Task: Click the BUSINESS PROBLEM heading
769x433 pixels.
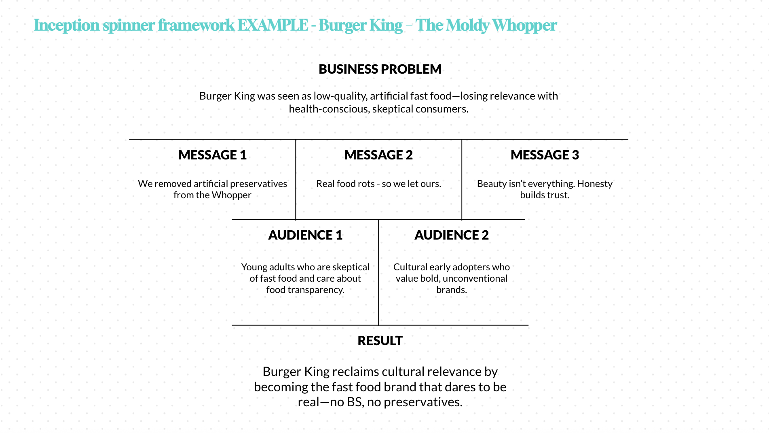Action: tap(380, 69)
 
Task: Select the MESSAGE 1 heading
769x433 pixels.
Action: tap(212, 155)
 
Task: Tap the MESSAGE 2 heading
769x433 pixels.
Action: tap(378, 155)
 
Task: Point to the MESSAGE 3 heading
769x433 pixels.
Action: tap(545, 155)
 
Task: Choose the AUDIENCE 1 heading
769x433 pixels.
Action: tap(305, 235)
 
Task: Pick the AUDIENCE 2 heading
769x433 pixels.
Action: tap(451, 235)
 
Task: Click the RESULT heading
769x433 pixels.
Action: tap(380, 341)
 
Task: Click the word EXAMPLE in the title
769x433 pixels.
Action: tap(273, 25)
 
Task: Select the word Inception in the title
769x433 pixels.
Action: tap(67, 25)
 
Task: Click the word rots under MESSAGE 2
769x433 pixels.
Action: tap(366, 184)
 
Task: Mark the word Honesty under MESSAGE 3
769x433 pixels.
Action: tap(595, 184)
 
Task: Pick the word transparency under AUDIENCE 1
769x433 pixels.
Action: tap(315, 290)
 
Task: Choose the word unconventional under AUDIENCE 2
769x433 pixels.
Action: tap(475, 278)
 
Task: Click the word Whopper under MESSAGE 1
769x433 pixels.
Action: tap(232, 195)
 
